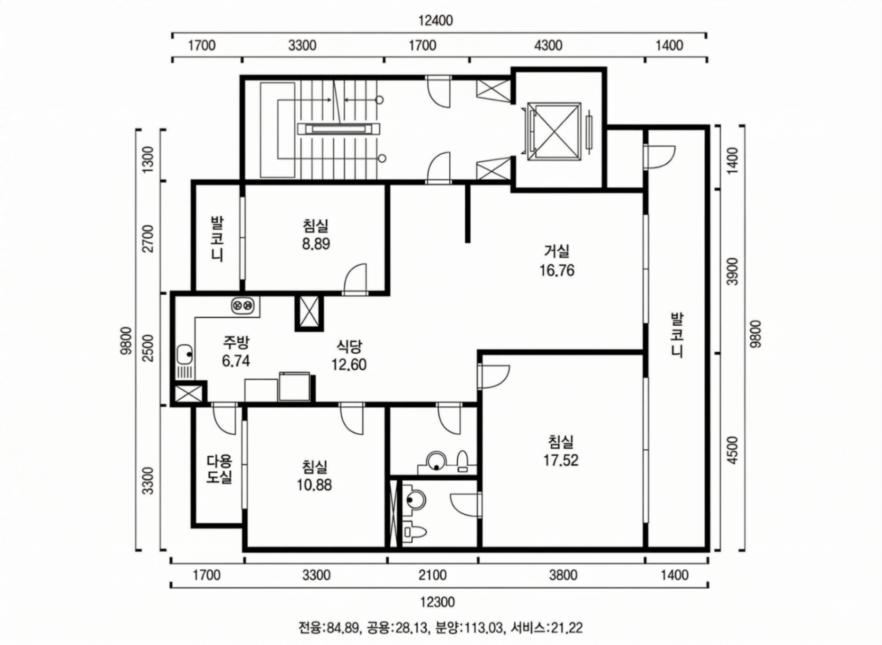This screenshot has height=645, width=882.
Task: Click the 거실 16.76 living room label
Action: pyautogui.click(x=556, y=260)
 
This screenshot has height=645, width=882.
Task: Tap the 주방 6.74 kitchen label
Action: pyautogui.click(x=236, y=351)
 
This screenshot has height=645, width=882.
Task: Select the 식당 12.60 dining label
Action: pyautogui.click(x=349, y=355)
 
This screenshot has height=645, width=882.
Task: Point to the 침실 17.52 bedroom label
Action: pyautogui.click(x=561, y=450)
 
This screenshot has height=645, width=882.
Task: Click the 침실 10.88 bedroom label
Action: pyautogui.click(x=314, y=476)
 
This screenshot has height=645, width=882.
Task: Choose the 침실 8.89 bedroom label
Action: pyautogui.click(x=316, y=234)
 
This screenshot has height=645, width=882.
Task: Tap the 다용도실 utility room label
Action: pyautogui.click(x=219, y=469)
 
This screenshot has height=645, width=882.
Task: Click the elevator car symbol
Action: pyautogui.click(x=555, y=131)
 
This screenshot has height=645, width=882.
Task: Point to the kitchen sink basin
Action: pyautogui.click(x=185, y=354)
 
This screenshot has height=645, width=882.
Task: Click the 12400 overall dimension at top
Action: pyautogui.click(x=435, y=21)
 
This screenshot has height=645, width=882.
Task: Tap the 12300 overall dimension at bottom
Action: pyautogui.click(x=437, y=601)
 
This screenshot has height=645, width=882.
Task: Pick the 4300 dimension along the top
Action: pyautogui.click(x=548, y=46)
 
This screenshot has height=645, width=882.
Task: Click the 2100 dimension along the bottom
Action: pyautogui.click(x=432, y=575)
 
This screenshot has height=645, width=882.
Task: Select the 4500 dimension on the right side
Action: pyautogui.click(x=732, y=450)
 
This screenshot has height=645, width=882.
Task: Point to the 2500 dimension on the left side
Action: pyautogui.click(x=148, y=348)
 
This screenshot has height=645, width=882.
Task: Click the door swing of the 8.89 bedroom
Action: pyautogui.click(x=355, y=278)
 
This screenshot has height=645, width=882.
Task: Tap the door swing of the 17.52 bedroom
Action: pyautogui.click(x=494, y=376)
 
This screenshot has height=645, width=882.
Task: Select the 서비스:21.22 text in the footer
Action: pyautogui.click(x=547, y=627)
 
